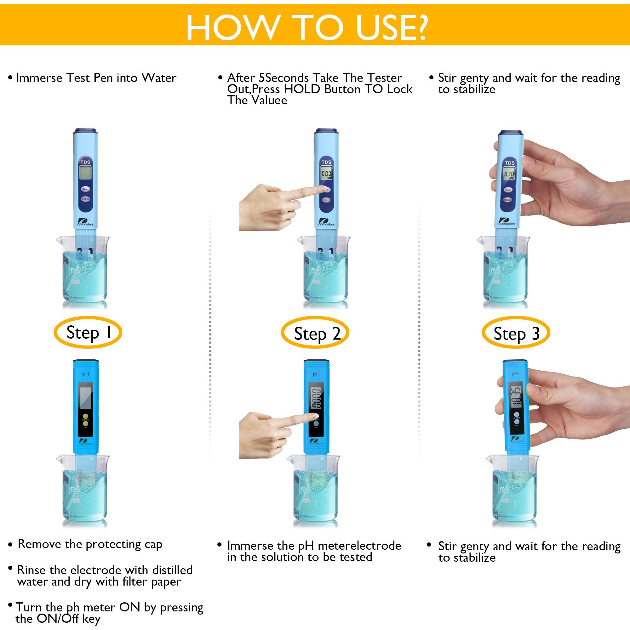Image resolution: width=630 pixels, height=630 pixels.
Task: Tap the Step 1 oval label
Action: coord(89,333)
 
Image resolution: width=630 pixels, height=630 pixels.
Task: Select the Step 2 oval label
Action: coord(315,333)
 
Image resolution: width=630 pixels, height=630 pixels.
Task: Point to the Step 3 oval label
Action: coord(516,333)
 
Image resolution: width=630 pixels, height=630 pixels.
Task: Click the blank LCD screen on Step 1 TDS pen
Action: coord(85,173)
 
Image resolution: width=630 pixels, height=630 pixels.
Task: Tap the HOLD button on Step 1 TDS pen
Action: coord(85,199)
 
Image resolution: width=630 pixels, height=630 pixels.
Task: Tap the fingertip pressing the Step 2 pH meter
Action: coord(314,416)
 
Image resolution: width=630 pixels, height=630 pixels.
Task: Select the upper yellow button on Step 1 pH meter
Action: coord(85,416)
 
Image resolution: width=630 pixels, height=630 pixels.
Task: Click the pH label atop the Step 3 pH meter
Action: coord(515,374)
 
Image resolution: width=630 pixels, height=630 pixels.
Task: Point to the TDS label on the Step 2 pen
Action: coord(326,162)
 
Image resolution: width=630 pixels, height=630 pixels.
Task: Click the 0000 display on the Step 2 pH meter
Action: coord(315,399)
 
